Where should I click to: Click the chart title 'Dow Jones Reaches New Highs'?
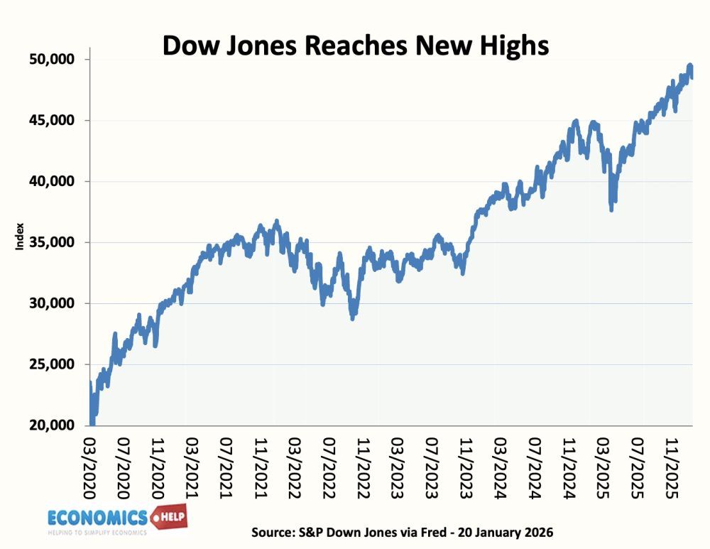point(356,45)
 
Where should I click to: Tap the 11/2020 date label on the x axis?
point(158,462)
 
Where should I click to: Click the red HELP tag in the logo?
point(170,516)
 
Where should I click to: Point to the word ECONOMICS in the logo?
point(97,516)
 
